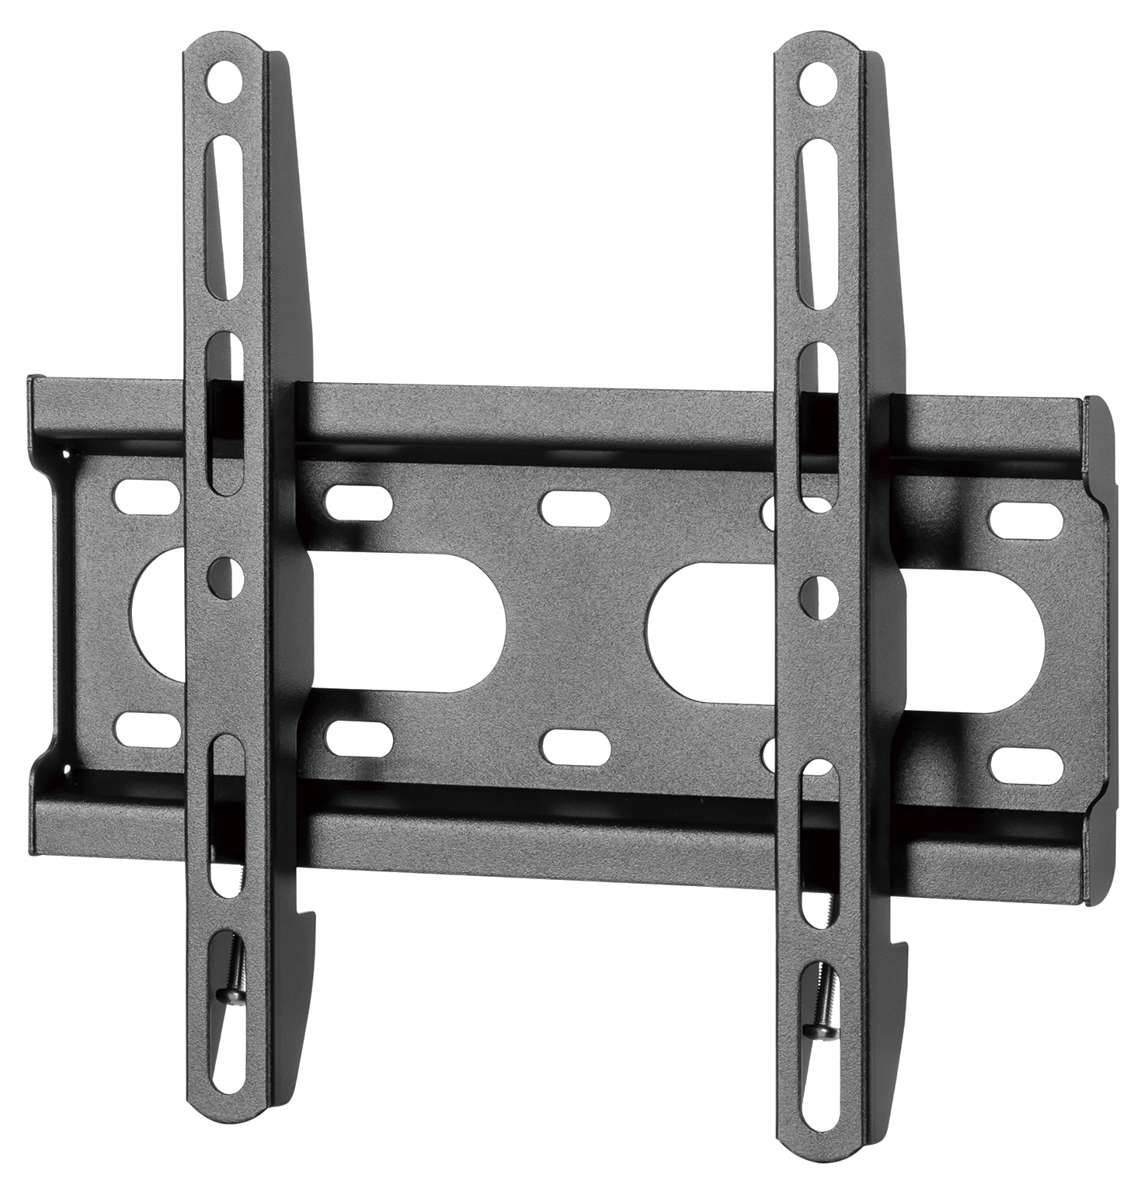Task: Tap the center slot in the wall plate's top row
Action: [x=576, y=506]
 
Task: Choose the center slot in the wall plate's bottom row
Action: [x=576, y=744]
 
